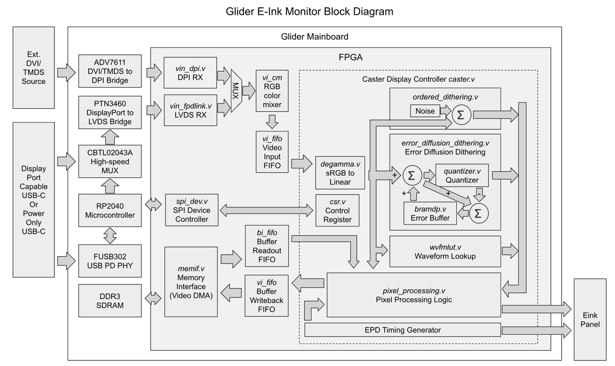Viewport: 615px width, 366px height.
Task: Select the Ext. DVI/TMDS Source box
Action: click(33, 68)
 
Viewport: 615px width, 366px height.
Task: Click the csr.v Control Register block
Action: click(337, 210)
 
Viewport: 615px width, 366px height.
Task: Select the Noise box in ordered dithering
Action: click(425, 111)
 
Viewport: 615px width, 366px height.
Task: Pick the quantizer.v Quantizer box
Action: click(462, 175)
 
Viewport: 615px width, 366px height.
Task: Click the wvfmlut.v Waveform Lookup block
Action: click(444, 251)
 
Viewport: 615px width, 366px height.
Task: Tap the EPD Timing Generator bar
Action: click(402, 330)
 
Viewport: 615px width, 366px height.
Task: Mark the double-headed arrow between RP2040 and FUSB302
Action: click(110, 235)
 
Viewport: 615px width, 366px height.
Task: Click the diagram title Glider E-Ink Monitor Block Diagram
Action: click(310, 11)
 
